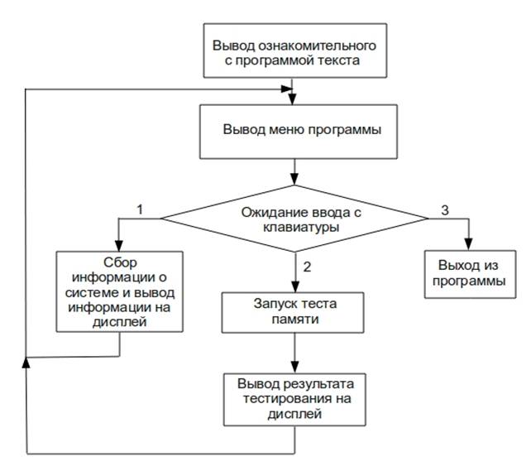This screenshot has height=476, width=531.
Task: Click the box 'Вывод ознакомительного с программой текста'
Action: [294, 51]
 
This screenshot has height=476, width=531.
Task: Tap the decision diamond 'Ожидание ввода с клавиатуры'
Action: [294, 219]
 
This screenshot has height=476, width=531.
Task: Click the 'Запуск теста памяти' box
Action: [294, 310]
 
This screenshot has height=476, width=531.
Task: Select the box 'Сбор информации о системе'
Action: [121, 291]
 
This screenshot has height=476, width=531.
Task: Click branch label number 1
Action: [140, 210]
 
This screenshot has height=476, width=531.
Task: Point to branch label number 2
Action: [307, 267]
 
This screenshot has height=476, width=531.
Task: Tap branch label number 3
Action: [444, 210]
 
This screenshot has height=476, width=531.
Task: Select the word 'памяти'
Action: [295, 318]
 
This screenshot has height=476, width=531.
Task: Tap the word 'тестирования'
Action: [275, 398]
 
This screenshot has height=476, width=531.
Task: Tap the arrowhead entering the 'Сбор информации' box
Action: [121, 246]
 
